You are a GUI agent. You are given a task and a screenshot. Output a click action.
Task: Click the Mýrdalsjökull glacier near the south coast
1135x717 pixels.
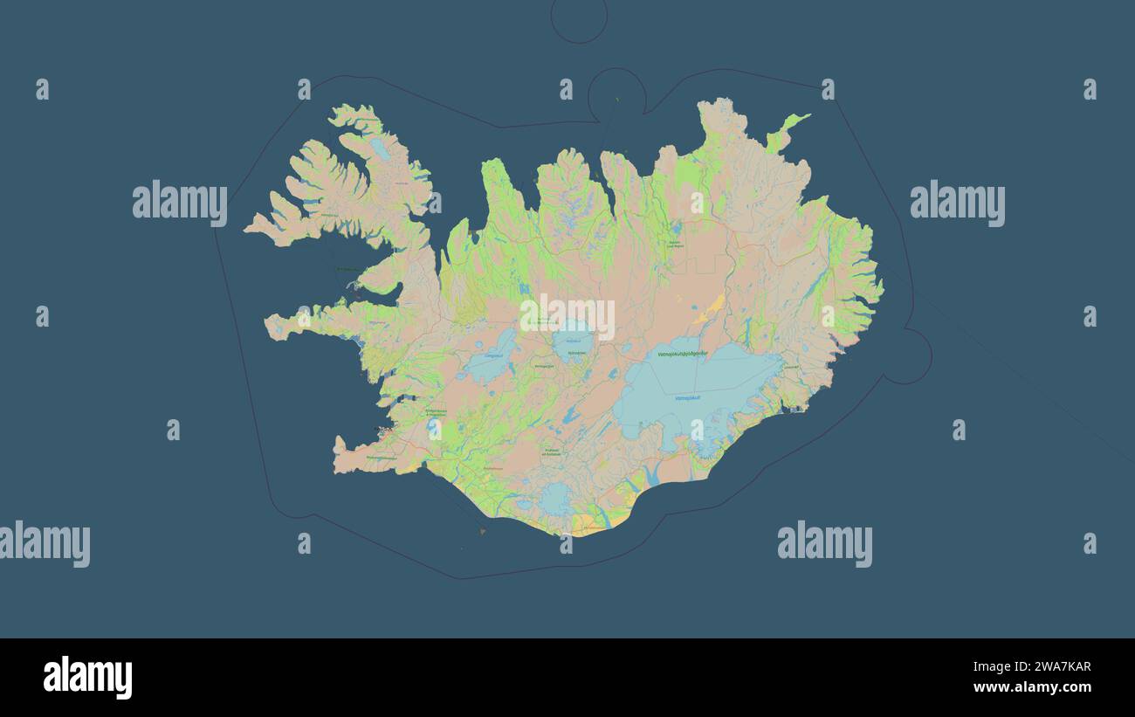click(556, 500)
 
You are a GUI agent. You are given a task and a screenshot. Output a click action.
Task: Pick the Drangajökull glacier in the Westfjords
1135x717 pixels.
click(380, 148)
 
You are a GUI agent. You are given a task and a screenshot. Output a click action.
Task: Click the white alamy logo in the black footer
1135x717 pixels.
click(87, 678)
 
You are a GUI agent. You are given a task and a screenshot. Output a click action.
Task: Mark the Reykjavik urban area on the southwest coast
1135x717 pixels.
click(382, 430)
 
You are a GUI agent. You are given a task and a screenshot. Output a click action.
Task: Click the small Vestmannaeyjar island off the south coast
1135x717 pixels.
click(482, 529)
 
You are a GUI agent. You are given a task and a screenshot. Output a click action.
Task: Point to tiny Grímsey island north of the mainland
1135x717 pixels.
click(616, 99)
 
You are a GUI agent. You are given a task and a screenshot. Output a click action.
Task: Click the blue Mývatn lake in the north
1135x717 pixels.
click(675, 229)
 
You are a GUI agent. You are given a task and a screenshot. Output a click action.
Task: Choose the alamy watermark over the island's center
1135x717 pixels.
click(567, 316)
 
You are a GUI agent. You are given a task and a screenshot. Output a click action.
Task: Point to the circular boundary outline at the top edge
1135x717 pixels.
click(579, 19)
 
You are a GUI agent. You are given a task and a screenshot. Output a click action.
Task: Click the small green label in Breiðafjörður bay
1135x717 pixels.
click(346, 269)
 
